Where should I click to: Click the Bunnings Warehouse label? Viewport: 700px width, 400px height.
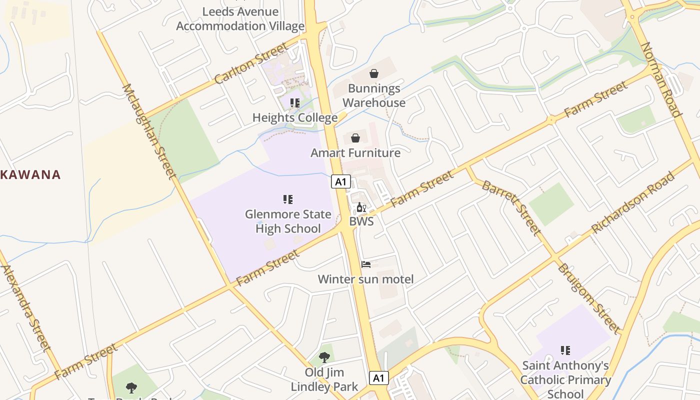374,95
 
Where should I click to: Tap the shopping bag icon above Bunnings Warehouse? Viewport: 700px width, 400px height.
374,74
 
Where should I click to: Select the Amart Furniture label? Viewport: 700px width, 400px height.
355,153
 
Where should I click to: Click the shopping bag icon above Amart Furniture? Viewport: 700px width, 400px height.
355,138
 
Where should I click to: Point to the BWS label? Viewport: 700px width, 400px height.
361,221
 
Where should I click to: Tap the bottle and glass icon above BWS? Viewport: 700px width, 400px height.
361,207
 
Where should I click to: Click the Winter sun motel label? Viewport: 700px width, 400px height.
366,279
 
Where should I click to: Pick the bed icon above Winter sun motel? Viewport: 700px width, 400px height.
366,264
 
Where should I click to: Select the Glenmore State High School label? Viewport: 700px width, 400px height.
288,221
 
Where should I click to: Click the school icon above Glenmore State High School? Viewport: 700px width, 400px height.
288,200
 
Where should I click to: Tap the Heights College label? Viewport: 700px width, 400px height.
295,118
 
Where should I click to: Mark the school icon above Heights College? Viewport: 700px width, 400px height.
295,103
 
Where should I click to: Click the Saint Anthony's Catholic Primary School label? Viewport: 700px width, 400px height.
565,380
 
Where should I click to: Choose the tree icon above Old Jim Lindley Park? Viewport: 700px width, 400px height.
324,357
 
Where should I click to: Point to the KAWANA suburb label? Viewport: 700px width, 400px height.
30,175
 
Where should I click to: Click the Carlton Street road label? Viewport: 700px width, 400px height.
251,63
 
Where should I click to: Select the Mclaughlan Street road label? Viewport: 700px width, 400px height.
149,131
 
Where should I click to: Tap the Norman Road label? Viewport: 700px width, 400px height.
661,79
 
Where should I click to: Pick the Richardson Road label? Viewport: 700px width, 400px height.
632,202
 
